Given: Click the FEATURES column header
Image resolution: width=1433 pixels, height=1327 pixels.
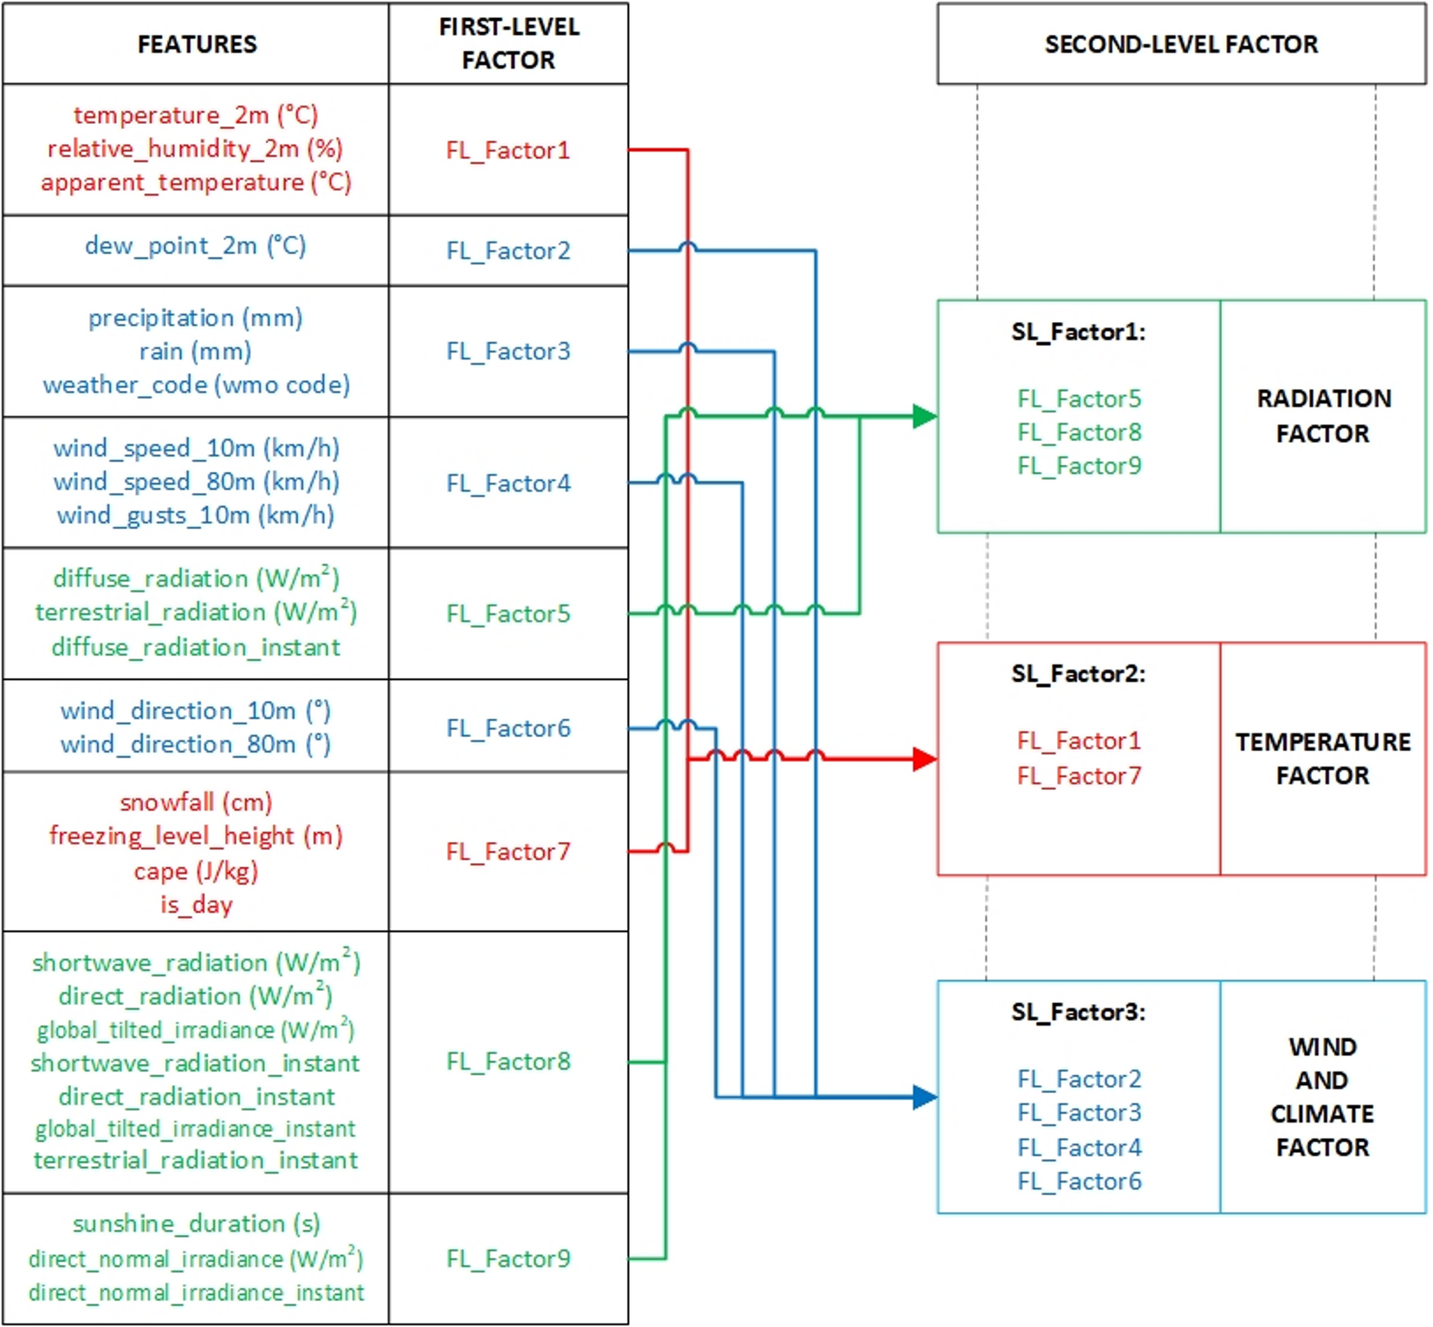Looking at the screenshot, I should pos(197,44).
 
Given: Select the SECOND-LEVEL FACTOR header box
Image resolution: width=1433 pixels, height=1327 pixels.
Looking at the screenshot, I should pos(1180,44).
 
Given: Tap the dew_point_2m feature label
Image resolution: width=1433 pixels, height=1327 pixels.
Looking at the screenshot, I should pos(195,246).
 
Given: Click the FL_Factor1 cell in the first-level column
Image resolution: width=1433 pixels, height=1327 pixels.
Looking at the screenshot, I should pos(508,151).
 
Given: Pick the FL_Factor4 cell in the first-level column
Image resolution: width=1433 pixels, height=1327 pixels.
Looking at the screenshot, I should pos(508,483).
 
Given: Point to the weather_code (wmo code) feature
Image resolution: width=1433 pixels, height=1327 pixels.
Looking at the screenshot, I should pos(197,385).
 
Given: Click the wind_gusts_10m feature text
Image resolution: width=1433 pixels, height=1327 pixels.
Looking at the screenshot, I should pos(195,515).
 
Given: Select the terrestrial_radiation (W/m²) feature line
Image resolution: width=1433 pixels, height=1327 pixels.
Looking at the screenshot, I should pos(196,612).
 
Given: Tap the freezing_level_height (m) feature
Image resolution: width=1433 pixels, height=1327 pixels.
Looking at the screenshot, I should pos(196,836).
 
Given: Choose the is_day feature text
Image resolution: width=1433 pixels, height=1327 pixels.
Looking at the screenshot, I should pos(196,904).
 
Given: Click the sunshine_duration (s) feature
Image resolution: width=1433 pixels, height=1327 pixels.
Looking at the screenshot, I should pos(196,1224).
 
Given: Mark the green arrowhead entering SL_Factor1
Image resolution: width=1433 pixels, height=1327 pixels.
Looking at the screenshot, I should pos(924,417).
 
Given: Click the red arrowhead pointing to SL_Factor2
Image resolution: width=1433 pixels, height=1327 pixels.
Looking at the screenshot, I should pos(924,760).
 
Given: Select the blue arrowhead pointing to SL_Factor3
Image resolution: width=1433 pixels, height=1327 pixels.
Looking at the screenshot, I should pos(924,1097).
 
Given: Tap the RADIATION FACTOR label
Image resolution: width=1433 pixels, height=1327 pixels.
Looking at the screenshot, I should pos(1323,416).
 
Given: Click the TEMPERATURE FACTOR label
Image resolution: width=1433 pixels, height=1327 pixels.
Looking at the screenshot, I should pos(1323,759).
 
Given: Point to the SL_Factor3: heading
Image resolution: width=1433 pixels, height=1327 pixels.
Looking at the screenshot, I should pos(1078,1013).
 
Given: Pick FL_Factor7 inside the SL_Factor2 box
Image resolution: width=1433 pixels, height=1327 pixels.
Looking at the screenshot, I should pos(1079,776).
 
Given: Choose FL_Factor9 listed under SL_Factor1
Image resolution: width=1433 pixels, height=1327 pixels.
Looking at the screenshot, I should pos(1079,466).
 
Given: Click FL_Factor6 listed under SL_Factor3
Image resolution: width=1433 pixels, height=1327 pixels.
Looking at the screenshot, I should pos(1079,1181).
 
